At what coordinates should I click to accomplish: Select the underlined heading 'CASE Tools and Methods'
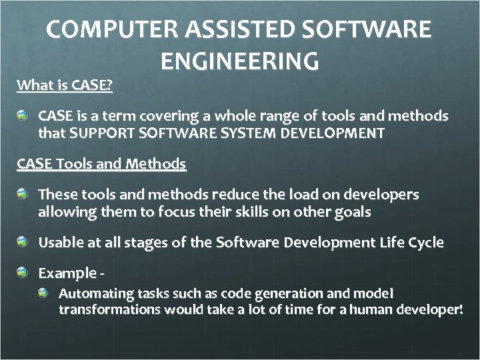coord(101,163)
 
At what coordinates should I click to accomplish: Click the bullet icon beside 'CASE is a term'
coord(23,116)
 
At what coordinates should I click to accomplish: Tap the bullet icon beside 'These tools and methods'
coord(23,195)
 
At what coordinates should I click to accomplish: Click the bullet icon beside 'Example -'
coord(23,273)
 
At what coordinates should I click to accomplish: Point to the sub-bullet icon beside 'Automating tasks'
coord(43,293)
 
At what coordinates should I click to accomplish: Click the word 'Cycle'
coord(425,243)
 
